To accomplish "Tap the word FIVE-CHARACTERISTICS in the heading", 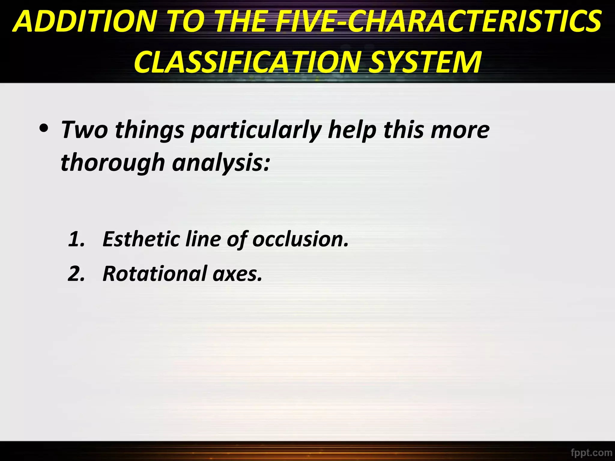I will tap(439, 22).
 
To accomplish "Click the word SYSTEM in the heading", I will tap(425, 62).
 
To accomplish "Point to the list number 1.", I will tap(76, 239).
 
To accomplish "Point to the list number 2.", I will tap(76, 274).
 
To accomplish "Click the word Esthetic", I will tap(141, 239).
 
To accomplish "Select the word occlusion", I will tap(301, 239).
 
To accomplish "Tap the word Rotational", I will tap(155, 274).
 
